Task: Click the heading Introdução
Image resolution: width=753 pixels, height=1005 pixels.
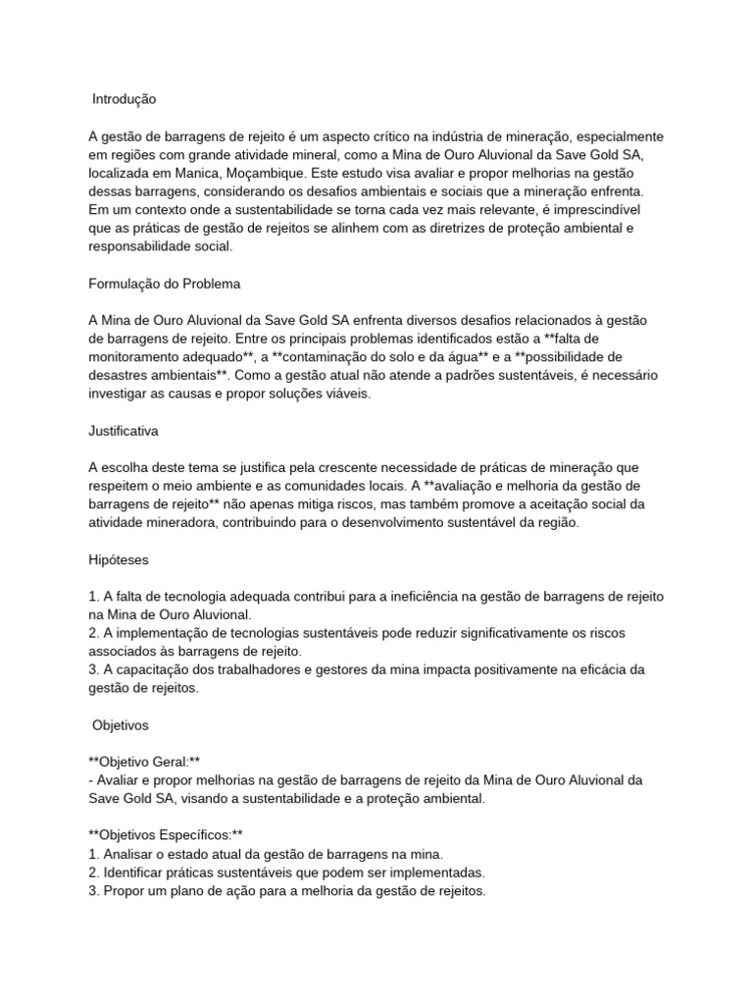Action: pos(124,99)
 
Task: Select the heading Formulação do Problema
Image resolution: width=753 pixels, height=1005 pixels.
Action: pos(164,284)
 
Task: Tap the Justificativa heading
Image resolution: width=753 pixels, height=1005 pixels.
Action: pos(129,431)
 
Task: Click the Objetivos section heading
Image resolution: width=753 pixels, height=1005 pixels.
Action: pos(121,725)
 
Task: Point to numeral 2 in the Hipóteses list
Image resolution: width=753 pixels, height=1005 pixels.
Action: pos(92,633)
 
